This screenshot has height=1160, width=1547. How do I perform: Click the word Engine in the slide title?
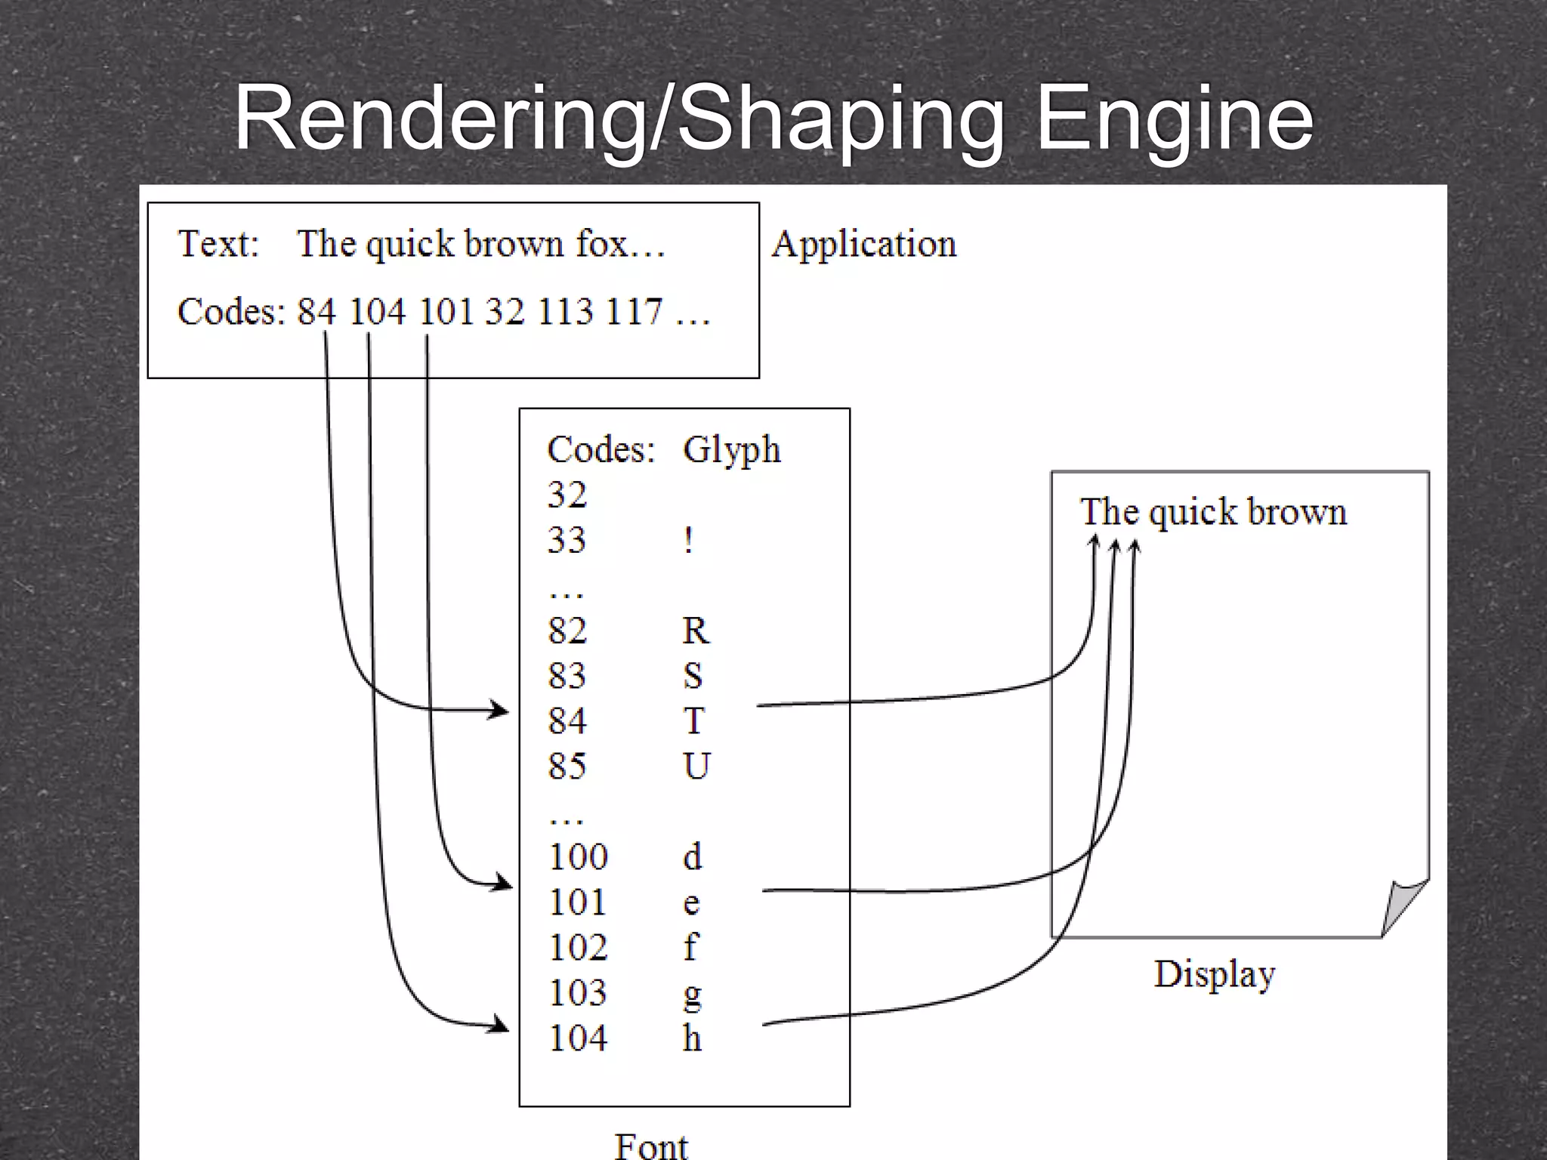pyautogui.click(x=1175, y=119)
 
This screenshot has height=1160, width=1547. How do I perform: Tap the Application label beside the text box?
pyautogui.click(x=863, y=244)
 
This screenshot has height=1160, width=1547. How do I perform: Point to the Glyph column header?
pyautogui.click(x=731, y=450)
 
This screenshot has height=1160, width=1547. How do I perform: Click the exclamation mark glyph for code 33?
pyautogui.click(x=688, y=541)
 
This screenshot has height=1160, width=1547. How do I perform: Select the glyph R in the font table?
pyautogui.click(x=696, y=631)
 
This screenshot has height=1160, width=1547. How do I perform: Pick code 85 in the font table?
pyautogui.click(x=567, y=766)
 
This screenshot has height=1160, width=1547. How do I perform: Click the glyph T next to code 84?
pyautogui.click(x=694, y=720)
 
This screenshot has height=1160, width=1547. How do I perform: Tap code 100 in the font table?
pyautogui.click(x=578, y=856)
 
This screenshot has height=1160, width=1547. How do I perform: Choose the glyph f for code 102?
pyautogui.click(x=690, y=947)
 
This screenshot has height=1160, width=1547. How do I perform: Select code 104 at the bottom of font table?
pyautogui.click(x=578, y=1038)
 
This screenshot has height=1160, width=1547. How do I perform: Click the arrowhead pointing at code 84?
pyautogui.click(x=499, y=710)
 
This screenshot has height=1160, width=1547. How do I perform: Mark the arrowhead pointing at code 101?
pyautogui.click(x=502, y=882)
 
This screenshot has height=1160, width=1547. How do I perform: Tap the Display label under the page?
pyautogui.click(x=1214, y=974)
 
